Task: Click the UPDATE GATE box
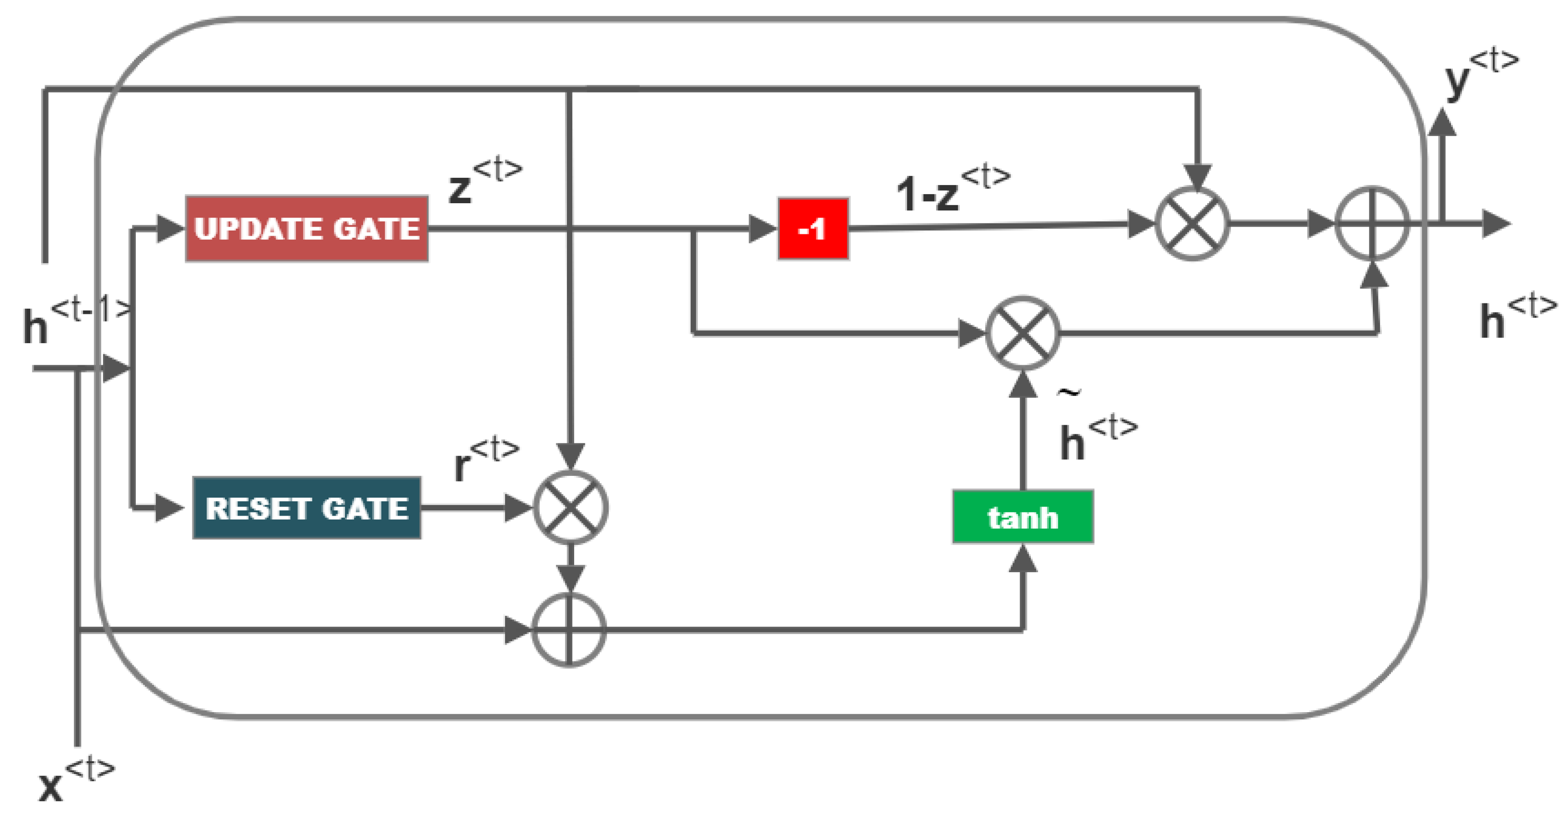[307, 229]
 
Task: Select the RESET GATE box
[307, 508]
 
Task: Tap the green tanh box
[1023, 517]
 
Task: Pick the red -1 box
[813, 229]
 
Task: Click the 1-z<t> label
[953, 188]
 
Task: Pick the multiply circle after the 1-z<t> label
[1192, 224]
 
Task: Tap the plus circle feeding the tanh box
[569, 630]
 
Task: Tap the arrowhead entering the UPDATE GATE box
[170, 229]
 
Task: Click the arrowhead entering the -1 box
[762, 229]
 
